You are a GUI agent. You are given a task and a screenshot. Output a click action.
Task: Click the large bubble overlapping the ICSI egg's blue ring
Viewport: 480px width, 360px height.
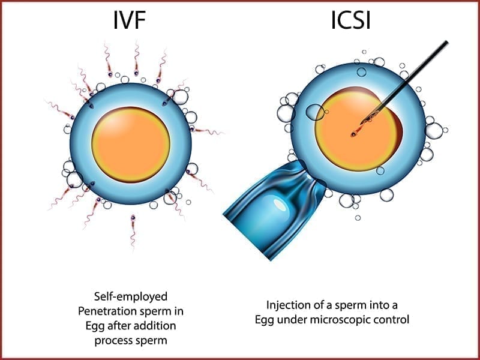(316, 112)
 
